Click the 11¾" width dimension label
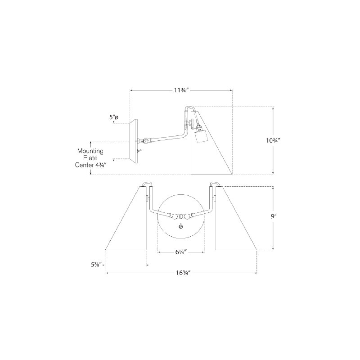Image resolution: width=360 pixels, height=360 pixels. click(x=181, y=90)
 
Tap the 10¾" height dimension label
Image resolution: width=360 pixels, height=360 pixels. click(x=273, y=140)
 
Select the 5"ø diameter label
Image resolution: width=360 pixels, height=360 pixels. click(x=114, y=117)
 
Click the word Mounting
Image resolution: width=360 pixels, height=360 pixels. click(x=90, y=151)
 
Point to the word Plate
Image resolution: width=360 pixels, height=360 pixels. click(x=90, y=158)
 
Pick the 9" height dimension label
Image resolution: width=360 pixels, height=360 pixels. click(x=273, y=216)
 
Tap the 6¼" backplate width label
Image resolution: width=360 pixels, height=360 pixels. click(x=181, y=252)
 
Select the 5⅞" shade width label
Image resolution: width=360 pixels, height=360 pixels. click(x=96, y=265)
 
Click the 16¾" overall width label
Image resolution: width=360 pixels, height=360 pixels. click(x=183, y=273)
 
